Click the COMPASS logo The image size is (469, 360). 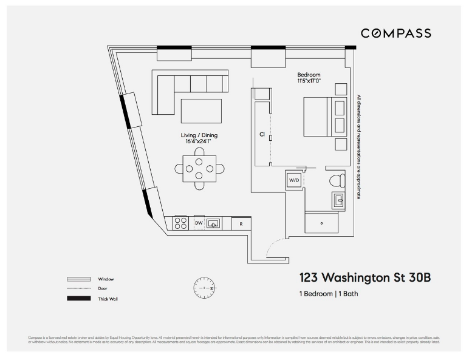click(x=395, y=33)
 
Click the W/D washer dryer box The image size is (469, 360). click(x=294, y=180)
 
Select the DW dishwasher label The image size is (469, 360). click(x=199, y=223)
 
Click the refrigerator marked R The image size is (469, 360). click(x=241, y=223)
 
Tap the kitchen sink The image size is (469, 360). click(x=213, y=223)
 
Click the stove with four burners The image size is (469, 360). click(x=180, y=223)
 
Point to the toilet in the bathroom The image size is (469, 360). click(x=336, y=180)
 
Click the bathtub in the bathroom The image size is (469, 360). click(x=321, y=223)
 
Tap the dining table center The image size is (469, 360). click(x=199, y=168)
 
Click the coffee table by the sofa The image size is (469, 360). click(x=201, y=111)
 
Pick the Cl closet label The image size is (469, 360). click(x=261, y=134)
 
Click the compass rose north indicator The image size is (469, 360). click(x=204, y=287)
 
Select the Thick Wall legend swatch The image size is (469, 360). click(x=78, y=298)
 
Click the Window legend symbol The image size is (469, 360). click(x=78, y=279)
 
